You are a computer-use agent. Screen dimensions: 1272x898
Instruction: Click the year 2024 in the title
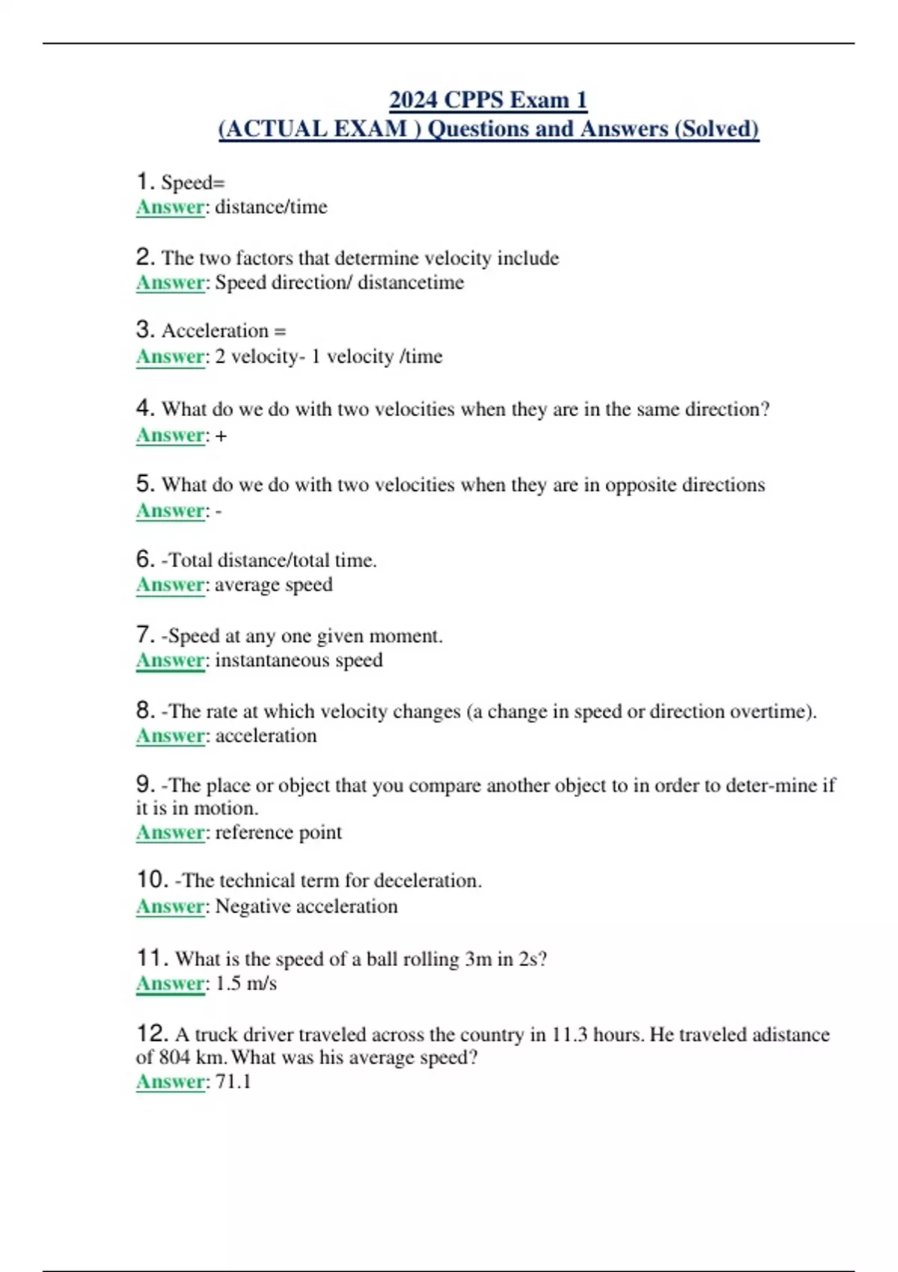[414, 100]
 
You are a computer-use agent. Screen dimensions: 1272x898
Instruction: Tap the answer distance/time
[271, 207]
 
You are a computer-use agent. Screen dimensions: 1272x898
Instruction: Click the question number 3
[145, 329]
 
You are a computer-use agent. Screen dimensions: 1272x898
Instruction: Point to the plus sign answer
[221, 435]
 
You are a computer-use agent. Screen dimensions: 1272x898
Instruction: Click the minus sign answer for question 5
[219, 512]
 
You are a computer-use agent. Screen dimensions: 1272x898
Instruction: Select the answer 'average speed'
[274, 584]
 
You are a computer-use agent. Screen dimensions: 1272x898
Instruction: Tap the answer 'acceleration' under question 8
[266, 736]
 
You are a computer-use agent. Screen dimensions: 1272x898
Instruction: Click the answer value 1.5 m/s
[246, 983]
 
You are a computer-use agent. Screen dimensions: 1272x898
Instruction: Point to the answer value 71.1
[233, 1081]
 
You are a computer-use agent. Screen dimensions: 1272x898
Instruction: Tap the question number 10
[152, 879]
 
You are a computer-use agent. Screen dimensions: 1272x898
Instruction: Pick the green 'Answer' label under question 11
[171, 983]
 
